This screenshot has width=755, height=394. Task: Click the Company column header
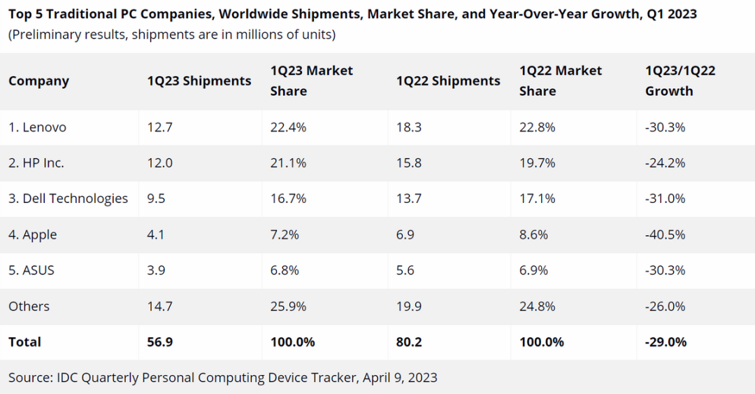pyautogui.click(x=38, y=81)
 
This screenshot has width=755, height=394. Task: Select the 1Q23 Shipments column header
pyautogui.click(x=199, y=81)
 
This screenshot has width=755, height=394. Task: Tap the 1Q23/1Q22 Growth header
pyautogui.click(x=679, y=81)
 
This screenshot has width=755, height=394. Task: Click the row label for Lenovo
pyautogui.click(x=37, y=127)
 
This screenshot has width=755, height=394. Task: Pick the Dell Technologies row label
pyautogui.click(x=68, y=199)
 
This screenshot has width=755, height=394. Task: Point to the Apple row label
pyautogui.click(x=32, y=235)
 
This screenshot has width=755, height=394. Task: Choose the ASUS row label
pyautogui.click(x=32, y=270)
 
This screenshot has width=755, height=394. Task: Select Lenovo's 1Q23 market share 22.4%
pyautogui.click(x=289, y=127)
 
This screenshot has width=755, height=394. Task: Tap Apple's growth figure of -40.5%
pyautogui.click(x=665, y=235)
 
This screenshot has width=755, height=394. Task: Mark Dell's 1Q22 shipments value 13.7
pyautogui.click(x=408, y=199)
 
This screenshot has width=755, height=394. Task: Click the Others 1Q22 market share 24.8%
pyautogui.click(x=538, y=307)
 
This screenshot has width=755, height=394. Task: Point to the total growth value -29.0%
pyautogui.click(x=666, y=342)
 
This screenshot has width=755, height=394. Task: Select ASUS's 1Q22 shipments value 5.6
pyautogui.click(x=405, y=270)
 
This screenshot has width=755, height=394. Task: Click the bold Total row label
pyautogui.click(x=24, y=342)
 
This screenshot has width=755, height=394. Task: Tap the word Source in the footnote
pyautogui.click(x=29, y=378)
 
